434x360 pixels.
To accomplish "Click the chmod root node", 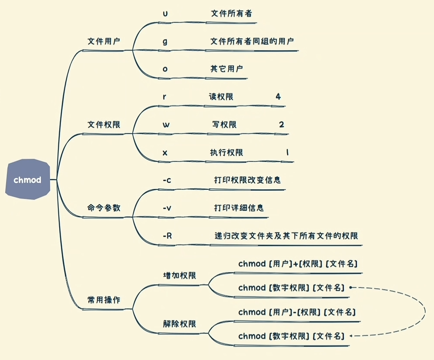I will [x=27, y=179].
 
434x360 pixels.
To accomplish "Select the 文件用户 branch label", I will [x=104, y=41].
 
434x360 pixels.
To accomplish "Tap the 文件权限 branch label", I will [x=104, y=124].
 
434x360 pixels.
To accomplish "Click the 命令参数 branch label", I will [x=104, y=208].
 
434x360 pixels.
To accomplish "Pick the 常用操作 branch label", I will [x=104, y=300].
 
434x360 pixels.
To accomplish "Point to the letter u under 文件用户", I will [x=165, y=13].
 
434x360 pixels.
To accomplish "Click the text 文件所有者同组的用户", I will [x=252, y=41].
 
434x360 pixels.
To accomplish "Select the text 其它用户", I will [x=226, y=69].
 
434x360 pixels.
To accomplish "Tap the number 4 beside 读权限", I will [x=278, y=96].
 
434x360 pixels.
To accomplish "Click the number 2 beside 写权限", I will [x=282, y=124].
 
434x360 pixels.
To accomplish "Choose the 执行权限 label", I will [x=226, y=152].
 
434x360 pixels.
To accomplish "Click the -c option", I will [x=166, y=180].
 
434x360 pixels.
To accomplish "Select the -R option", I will [x=167, y=236].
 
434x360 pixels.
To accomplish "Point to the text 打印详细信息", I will [x=239, y=208].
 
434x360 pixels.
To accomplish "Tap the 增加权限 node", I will [x=179, y=276].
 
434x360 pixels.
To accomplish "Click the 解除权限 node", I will [x=179, y=324].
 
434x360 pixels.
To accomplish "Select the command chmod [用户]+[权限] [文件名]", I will [x=298, y=264].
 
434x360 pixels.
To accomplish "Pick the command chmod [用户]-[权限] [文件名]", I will [x=297, y=312].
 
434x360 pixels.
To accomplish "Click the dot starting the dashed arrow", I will [x=350, y=288].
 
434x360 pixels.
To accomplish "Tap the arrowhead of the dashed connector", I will [x=351, y=336].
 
